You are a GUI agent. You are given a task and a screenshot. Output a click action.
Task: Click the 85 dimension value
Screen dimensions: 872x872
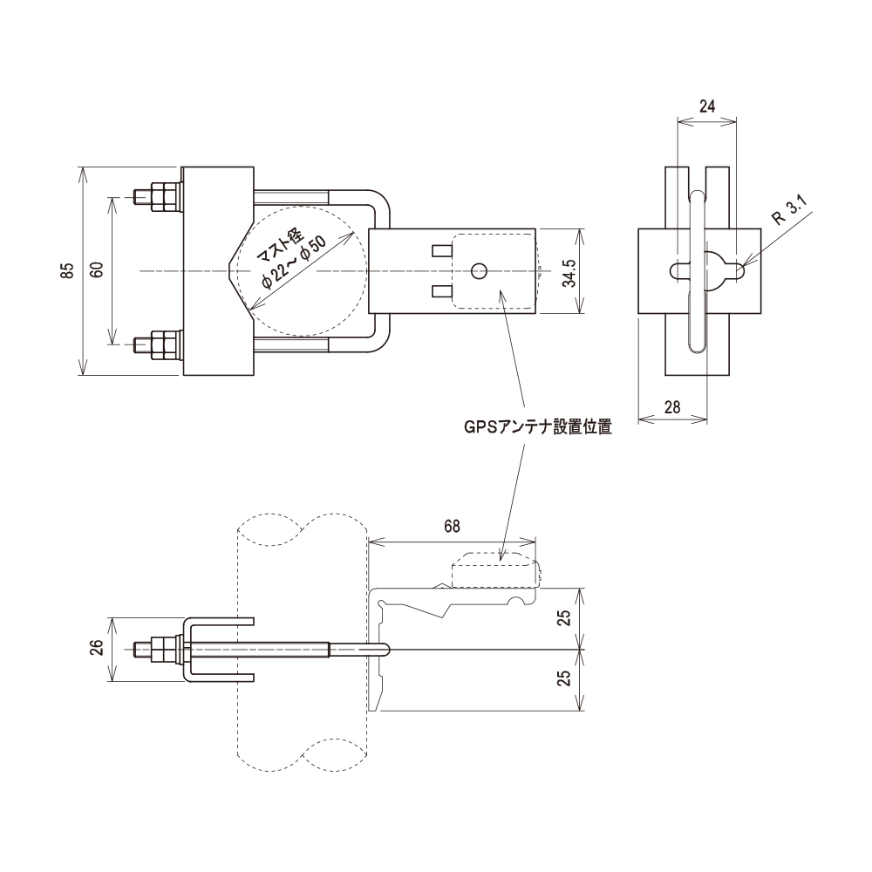[67, 271]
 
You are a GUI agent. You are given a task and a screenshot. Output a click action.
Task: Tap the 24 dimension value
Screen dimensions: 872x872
[707, 106]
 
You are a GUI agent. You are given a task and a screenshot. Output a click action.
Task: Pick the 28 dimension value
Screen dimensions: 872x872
[671, 406]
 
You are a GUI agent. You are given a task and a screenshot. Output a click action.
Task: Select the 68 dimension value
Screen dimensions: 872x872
[452, 527]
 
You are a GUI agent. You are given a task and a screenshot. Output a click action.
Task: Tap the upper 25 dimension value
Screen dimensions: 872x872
[564, 618]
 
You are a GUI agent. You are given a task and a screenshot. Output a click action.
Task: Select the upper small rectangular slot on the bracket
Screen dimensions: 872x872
[442, 252]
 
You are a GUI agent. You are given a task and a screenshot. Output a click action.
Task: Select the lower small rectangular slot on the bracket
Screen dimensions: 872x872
[442, 290]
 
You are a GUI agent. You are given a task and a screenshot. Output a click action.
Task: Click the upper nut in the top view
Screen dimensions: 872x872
[162, 196]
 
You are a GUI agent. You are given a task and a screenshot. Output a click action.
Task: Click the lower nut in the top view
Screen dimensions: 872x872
[162, 345]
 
